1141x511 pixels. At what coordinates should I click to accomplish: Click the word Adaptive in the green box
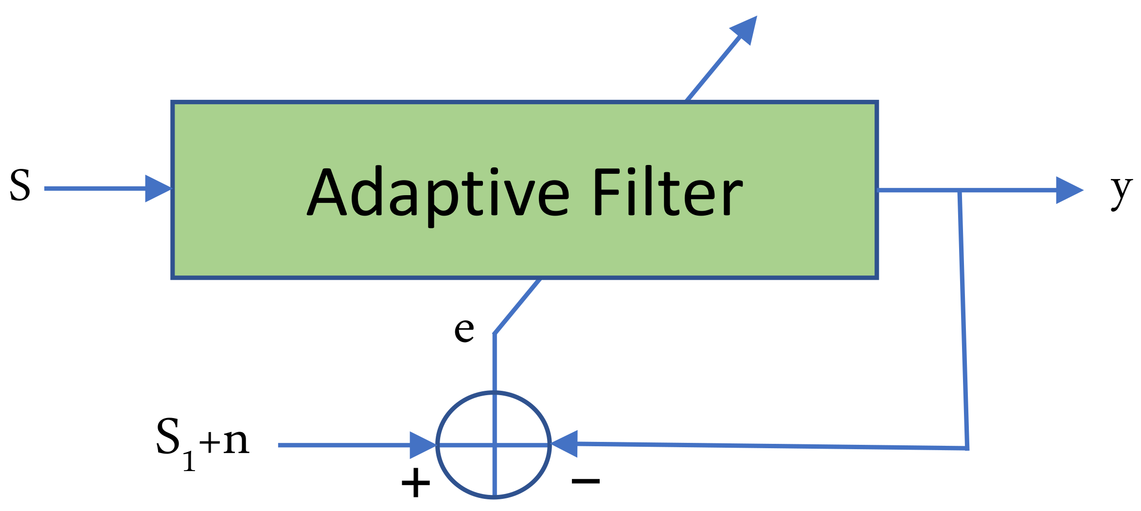438,193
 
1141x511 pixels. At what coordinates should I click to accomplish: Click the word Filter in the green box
667,192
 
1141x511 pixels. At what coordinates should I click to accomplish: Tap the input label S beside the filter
20,185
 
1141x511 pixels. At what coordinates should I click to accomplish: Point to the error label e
464,329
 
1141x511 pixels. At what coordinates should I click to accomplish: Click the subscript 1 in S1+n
189,461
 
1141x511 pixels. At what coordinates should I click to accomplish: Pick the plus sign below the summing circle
415,483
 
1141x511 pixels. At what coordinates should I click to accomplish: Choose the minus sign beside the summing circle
586,481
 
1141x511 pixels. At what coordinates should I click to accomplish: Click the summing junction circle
494,444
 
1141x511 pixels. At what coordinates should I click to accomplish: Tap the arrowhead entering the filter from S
158,188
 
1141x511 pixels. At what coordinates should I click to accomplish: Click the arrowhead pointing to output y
1069,190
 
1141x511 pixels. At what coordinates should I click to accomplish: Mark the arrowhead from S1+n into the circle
422,445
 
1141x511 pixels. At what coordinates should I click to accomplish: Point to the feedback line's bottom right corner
966,448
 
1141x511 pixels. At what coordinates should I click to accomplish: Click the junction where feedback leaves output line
959,191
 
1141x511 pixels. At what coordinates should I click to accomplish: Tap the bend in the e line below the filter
494,334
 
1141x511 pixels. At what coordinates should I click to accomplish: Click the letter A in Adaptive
327,193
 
